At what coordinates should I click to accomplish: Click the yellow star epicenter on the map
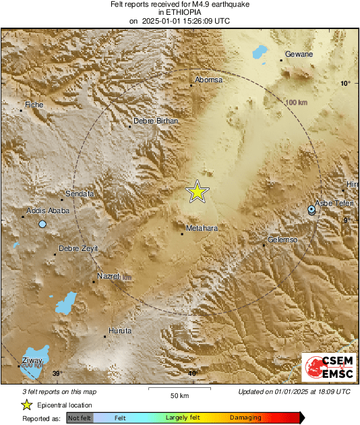[x=197, y=192]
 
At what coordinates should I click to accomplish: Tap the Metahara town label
[x=202, y=228]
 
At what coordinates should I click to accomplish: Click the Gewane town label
[x=299, y=53]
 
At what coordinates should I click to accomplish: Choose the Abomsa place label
[x=208, y=80]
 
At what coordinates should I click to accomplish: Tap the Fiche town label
[x=34, y=105]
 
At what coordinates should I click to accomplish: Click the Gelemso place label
[x=282, y=239]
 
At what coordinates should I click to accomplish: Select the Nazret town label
[x=109, y=276]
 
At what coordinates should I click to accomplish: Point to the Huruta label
[x=120, y=331]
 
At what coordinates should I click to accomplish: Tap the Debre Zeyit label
[x=78, y=248]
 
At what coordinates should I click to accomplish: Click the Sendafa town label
[x=80, y=194]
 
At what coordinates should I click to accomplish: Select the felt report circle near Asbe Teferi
[x=311, y=210]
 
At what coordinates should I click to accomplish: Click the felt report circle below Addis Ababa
[x=42, y=224]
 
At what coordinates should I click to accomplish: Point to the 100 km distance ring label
[x=296, y=102]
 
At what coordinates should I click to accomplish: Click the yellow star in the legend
[x=26, y=405]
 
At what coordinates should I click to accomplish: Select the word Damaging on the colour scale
[x=245, y=418]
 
